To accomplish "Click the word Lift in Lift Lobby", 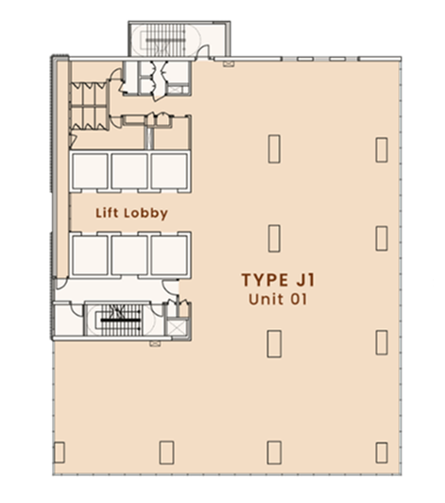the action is (107, 213).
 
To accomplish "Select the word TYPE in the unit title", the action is (265, 280).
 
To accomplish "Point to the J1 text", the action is (305, 280).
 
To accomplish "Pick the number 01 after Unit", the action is (299, 300).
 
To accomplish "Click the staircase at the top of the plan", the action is (165, 40).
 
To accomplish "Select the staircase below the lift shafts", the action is (121, 320).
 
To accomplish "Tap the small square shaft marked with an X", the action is (176, 328).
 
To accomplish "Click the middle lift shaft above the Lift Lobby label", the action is (129, 171).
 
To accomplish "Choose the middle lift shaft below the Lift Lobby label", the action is (129, 254).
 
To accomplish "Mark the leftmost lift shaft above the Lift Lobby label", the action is (90, 171).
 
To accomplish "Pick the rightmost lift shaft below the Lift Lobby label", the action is (169, 254).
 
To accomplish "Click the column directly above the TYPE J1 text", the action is (274, 238).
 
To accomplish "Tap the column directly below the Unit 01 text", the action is (274, 344).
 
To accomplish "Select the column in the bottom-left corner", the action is (60, 452).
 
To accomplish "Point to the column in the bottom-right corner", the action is (382, 453).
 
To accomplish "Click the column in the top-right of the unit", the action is (382, 149).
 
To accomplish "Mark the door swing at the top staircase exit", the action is (203, 52).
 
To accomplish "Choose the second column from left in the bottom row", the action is (166, 453).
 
